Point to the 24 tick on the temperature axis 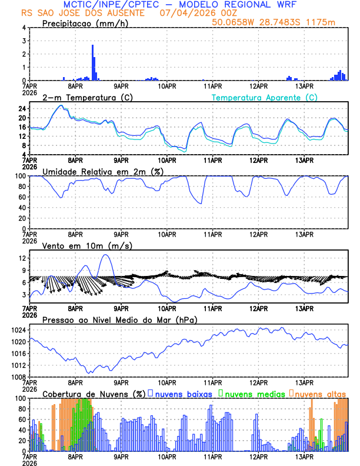pos(22,109)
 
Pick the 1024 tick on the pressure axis pos(19,330)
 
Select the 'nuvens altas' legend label pos(321,393)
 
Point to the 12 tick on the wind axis pos(22,258)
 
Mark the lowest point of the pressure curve pos(90,372)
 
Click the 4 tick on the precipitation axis pos(24,28)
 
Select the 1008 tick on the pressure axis pos(19,377)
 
